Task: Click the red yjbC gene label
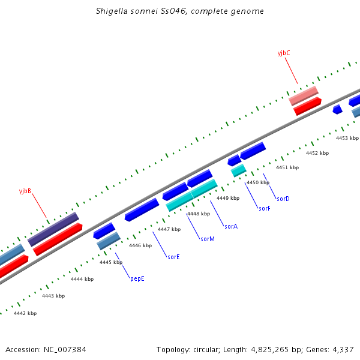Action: coord(284,53)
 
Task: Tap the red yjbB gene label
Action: coord(25,191)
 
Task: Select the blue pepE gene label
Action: coord(137,278)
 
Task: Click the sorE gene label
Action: coord(173,257)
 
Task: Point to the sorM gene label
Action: coord(208,239)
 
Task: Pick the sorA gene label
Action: coord(231,226)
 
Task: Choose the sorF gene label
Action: coord(265,208)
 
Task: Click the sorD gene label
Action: coord(283,198)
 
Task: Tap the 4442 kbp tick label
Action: coord(25,313)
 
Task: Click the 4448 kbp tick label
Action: coord(198,214)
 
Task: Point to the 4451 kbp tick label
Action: coord(287,167)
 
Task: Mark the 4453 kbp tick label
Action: coord(347,138)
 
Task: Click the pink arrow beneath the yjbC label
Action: coord(304,95)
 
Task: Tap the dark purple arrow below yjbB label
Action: coord(53,229)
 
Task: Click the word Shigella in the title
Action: coord(112,11)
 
